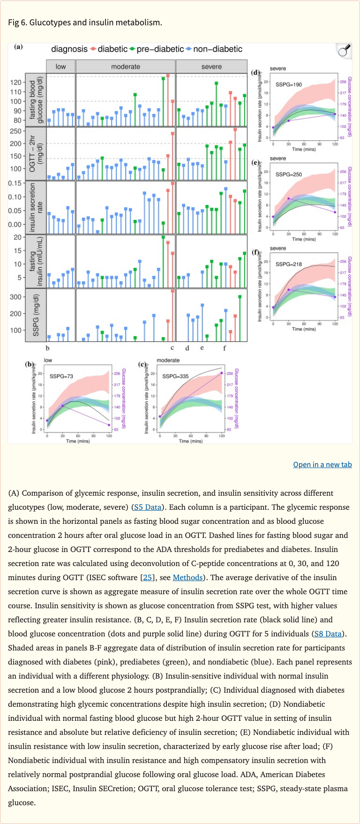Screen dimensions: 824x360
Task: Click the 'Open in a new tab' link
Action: coord(322,464)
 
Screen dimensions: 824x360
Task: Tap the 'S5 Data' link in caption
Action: coord(148,507)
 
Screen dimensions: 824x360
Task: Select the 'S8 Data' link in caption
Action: coord(328,634)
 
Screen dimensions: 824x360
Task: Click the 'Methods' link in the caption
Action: coord(187,577)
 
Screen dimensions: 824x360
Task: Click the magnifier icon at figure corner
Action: coord(344,51)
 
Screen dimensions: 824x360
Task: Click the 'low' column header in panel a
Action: coord(60,67)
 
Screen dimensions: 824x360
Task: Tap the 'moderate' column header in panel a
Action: coord(126,67)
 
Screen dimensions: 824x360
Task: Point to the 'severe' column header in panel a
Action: coord(211,67)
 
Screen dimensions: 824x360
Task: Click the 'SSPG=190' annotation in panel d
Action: coord(289,84)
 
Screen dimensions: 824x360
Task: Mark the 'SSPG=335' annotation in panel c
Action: coord(175,376)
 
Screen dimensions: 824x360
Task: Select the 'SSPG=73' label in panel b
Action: coord(61,376)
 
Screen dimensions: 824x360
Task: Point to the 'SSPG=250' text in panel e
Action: coord(289,174)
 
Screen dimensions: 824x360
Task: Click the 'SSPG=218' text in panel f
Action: coord(289,264)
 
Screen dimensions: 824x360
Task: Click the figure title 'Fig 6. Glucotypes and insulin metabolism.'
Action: coord(85,22)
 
